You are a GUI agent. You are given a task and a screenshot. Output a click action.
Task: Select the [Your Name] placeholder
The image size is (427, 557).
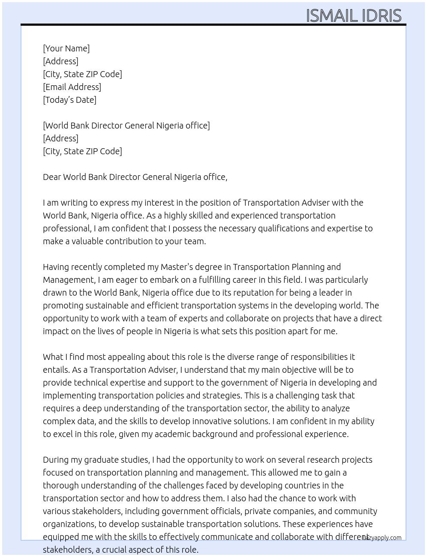66,48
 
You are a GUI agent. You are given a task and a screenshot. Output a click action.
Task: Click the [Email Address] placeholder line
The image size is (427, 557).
72,87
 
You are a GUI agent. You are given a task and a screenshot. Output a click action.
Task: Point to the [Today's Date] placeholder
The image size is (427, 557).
69,100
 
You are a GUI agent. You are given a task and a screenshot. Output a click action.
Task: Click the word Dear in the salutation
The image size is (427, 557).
52,177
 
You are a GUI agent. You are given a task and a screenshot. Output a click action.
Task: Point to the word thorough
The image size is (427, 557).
60,485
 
